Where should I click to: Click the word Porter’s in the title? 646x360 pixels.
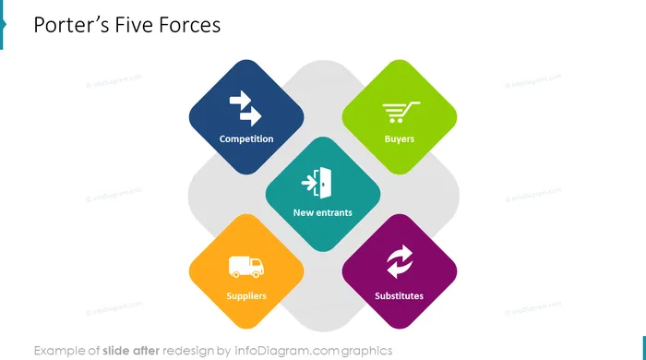click(71, 25)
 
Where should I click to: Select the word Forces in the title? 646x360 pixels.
click(190, 25)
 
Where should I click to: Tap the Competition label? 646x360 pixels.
click(246, 138)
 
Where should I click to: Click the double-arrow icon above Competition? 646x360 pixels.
click(245, 108)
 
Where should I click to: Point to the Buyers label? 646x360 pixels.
click(400, 138)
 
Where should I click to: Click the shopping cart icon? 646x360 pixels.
click(401, 112)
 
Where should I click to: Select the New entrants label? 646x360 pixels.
click(323, 212)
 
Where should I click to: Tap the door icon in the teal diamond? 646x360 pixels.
click(324, 183)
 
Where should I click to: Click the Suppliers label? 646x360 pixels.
click(246, 295)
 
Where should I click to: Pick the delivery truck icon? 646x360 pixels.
click(246, 267)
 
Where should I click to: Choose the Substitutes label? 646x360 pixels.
click(399, 295)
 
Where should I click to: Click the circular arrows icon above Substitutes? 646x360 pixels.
click(400, 261)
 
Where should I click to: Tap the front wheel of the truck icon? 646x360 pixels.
click(256, 274)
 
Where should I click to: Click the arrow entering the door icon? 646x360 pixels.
click(309, 183)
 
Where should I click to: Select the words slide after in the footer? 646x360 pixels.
click(131, 351)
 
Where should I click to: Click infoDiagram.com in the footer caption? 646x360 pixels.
click(286, 351)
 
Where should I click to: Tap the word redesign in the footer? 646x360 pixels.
click(188, 351)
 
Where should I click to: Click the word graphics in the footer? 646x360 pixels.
click(366, 351)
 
